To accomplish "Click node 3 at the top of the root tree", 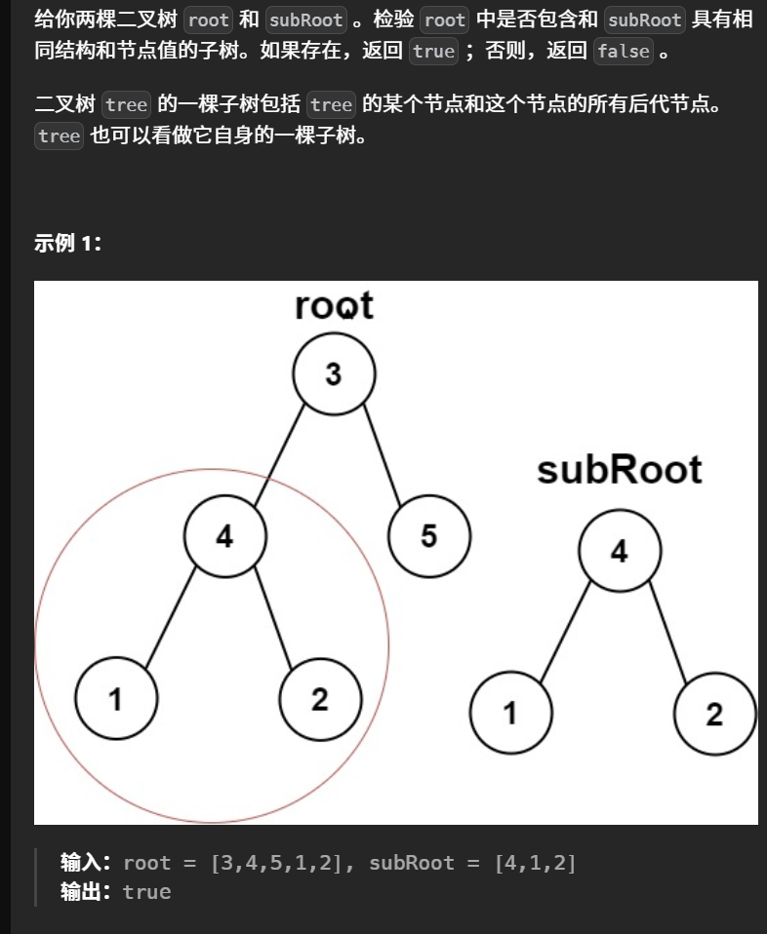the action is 334,374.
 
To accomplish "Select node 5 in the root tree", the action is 428,535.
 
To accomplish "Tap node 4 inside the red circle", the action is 224,535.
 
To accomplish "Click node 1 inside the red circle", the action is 116,698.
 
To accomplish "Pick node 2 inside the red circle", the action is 320,698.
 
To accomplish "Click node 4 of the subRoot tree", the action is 620,552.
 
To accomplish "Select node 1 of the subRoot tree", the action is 510,714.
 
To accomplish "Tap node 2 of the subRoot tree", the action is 714,714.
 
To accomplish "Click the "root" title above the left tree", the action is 334,305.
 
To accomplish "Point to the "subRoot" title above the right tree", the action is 620,470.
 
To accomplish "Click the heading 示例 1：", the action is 68,244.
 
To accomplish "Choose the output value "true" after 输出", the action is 146,892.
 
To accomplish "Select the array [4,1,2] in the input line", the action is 535,863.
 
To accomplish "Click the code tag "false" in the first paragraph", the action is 623,51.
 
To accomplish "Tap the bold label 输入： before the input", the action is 86,863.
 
